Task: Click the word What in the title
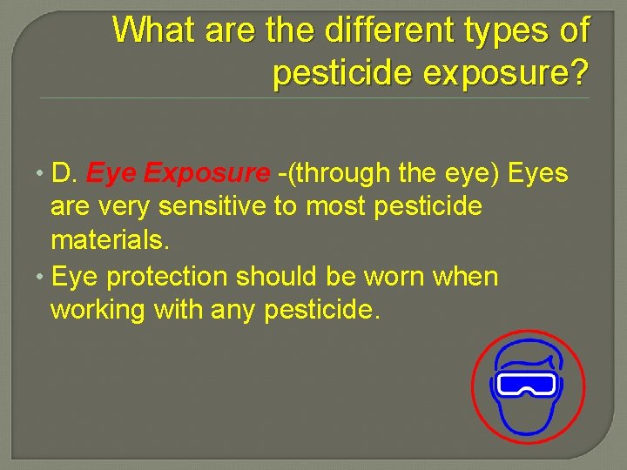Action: click(x=159, y=31)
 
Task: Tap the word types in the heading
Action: click(x=509, y=31)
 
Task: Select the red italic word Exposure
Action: click(x=207, y=173)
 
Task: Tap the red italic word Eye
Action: click(x=111, y=173)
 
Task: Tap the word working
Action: click(x=98, y=310)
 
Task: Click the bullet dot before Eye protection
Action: click(x=40, y=277)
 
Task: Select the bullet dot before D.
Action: click(x=40, y=173)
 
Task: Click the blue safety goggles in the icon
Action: click(x=526, y=384)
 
